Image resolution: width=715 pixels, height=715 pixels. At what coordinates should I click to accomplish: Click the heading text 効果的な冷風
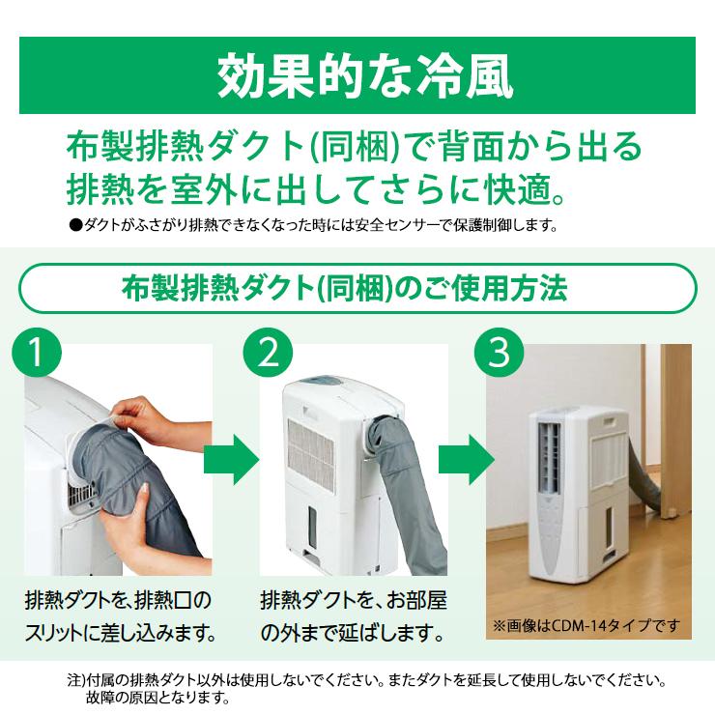[x=357, y=75]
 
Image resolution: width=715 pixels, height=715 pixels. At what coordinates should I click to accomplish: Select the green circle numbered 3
[x=499, y=354]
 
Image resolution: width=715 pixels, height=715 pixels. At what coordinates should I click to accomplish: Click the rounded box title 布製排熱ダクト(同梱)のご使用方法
[x=357, y=287]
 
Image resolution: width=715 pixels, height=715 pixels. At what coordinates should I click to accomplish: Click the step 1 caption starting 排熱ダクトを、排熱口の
[x=116, y=599]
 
